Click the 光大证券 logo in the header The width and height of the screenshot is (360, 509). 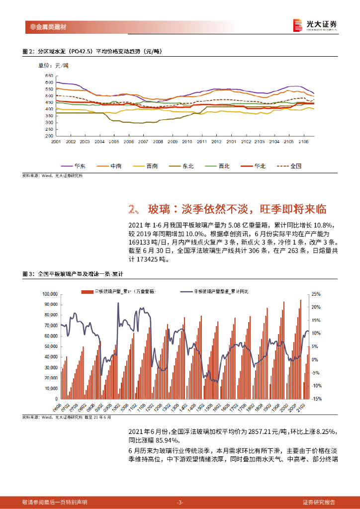(315, 25)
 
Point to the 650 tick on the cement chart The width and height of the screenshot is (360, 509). (49, 75)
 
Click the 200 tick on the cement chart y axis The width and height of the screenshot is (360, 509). (49, 136)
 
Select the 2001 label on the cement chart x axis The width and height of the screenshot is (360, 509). (56, 142)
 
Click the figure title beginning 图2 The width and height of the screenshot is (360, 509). (92, 51)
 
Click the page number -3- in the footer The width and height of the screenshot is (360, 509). (180, 502)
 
